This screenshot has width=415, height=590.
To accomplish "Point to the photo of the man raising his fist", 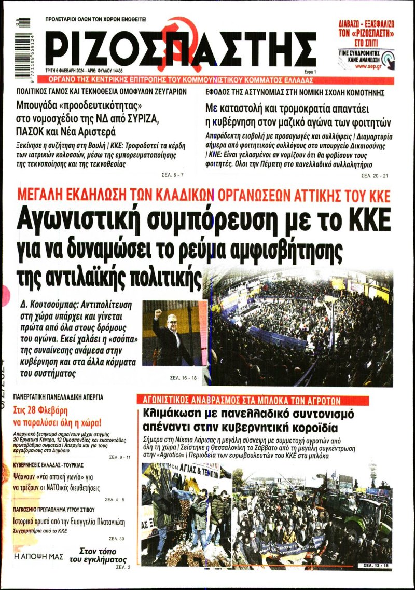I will tap(175, 333).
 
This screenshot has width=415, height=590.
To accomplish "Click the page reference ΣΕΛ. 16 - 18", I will tap(183, 377).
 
